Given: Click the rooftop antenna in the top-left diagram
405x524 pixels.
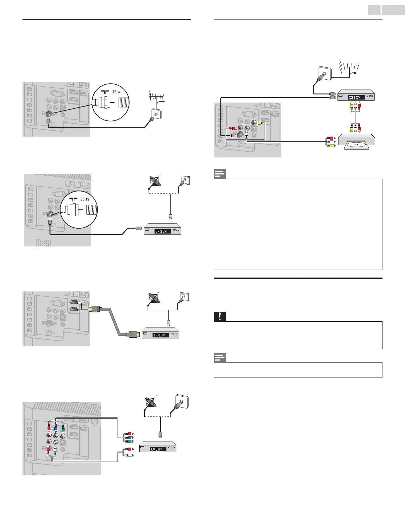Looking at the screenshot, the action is pos(157,97).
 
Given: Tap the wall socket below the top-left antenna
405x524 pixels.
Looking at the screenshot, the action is pos(153,115).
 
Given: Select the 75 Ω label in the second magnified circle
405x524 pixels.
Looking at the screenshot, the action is pos(85,199).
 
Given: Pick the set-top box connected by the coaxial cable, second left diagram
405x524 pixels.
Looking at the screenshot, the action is pos(162,230).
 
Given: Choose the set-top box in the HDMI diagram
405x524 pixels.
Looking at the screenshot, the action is pos(160,334).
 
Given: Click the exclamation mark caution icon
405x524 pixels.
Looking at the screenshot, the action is pos(219,317).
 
